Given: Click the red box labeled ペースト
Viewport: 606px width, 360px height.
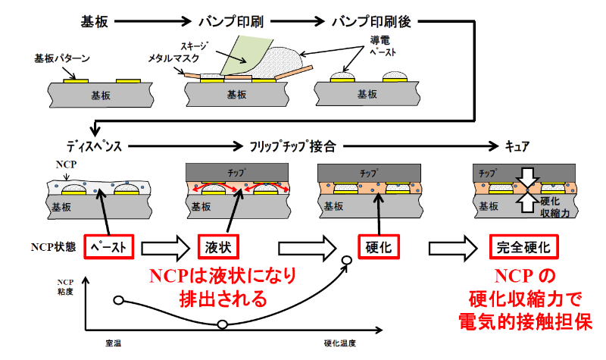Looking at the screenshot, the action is pos(108,247).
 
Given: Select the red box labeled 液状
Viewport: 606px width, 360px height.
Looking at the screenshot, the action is pos(218,247).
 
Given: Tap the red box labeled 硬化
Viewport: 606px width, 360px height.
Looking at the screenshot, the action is pos(378,247).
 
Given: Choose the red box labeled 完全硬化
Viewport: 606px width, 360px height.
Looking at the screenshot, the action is pos(523,247).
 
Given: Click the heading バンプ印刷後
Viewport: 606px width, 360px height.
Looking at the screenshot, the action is pos(371,22).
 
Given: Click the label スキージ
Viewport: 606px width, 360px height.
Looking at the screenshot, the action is pos(194,46).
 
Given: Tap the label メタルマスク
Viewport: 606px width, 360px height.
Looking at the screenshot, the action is pos(173,58).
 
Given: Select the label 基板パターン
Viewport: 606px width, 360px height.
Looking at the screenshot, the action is pos(62,58).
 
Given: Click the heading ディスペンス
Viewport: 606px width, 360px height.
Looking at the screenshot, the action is pos(94,146).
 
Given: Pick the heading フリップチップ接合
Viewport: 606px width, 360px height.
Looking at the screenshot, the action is pos(292,146).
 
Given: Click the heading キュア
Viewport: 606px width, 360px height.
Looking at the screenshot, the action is pos(517,146).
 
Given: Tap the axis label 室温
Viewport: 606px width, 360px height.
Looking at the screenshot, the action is pos(113,343).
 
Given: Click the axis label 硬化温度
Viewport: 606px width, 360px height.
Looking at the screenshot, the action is pos(339,343).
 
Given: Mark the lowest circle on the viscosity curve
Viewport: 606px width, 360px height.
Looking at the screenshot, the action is pos(222,324).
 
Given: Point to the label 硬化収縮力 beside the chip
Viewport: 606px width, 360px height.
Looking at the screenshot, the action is pos(555,207).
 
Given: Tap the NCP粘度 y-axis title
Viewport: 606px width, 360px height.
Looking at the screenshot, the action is pos(65,287).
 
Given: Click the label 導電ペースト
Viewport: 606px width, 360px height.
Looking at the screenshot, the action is pos(383,46).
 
